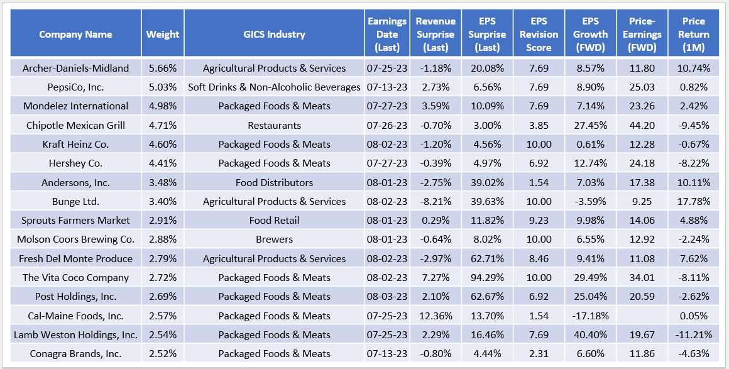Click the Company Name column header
pyautogui.click(x=75, y=35)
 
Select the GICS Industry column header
pyautogui.click(x=274, y=35)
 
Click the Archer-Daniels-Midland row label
pyautogui.click(x=75, y=68)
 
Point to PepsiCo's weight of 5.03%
pyautogui.click(x=162, y=87)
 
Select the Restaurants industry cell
pyautogui.click(x=274, y=125)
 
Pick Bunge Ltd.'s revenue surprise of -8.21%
pyautogui.click(x=436, y=201)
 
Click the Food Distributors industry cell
pyautogui.click(x=274, y=182)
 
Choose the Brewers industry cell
pyautogui.click(x=274, y=239)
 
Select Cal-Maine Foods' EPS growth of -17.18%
pyautogui.click(x=590, y=316)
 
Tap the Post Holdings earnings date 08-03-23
pyautogui.click(x=387, y=296)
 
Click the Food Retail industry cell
pyautogui.click(x=274, y=220)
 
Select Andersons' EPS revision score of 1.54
pyautogui.click(x=539, y=182)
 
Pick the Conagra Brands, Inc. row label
pyautogui.click(x=75, y=353)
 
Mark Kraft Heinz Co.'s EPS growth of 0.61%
pyautogui.click(x=590, y=144)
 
